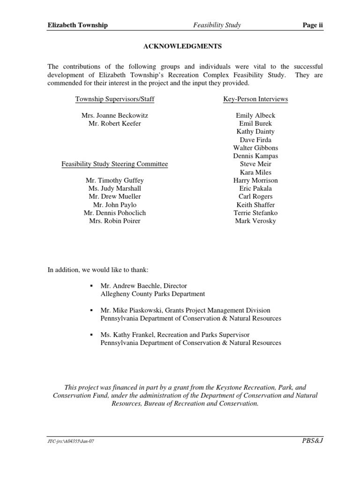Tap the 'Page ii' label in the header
pyautogui.click(x=313, y=25)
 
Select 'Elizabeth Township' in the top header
pyautogui.click(x=77, y=25)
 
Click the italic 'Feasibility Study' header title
pyautogui.click(x=217, y=25)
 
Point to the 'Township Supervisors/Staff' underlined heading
pyautogui.click(x=115, y=99)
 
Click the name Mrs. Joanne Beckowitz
pyautogui.click(x=115, y=115)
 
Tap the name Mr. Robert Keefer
pyautogui.click(x=115, y=123)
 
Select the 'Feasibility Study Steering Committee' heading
pyautogui.click(x=115, y=164)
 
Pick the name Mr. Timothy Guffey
pyautogui.click(x=115, y=180)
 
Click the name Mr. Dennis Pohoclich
pyautogui.click(x=115, y=213)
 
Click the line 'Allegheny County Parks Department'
pyautogui.click(x=153, y=294)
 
